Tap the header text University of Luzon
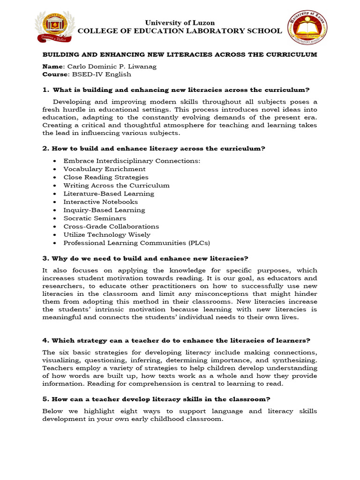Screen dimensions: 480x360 point(180,22)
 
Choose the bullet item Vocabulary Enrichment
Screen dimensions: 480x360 point(105,169)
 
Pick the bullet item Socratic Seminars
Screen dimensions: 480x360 point(95,218)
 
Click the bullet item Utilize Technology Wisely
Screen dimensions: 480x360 point(107,234)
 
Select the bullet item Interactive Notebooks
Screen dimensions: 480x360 point(101,202)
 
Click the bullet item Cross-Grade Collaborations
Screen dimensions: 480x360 point(111,226)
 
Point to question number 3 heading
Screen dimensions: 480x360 point(145,258)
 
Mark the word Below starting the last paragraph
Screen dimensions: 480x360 point(52,411)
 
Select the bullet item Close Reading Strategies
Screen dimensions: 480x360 point(106,177)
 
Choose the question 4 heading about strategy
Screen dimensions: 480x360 point(176,340)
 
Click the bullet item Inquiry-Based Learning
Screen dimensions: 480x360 point(104,210)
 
